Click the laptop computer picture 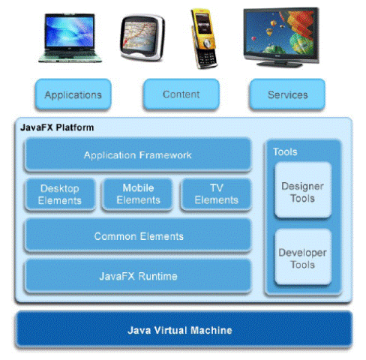[70, 37]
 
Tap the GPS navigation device [142, 37]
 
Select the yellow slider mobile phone [204, 39]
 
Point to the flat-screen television [281, 37]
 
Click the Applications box [73, 94]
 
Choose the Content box [181, 94]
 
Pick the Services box [287, 94]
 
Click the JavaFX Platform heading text [57, 127]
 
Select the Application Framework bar [138, 155]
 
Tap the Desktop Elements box [60, 194]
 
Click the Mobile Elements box [138, 194]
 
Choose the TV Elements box [216, 194]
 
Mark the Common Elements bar [138, 236]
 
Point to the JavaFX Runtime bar [138, 276]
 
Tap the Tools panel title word [285, 151]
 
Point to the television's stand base [280, 64]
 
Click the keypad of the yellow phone [207, 58]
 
